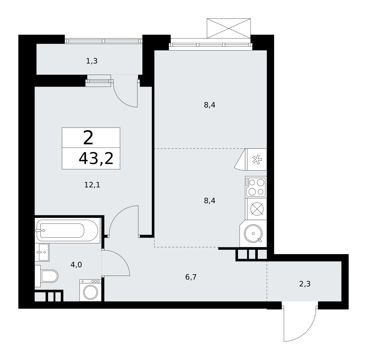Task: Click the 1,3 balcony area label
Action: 92,61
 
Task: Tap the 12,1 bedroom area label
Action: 92,185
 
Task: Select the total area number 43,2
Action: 96,159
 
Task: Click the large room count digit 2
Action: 88,138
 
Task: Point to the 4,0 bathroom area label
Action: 76,265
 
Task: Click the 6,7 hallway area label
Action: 191,277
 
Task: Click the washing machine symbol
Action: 91,291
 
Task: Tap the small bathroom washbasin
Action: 42,252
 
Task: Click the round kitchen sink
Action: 253,234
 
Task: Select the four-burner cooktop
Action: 256,187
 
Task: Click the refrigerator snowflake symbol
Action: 257,159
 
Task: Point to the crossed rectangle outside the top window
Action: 228,28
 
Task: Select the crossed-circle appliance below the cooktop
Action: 257,209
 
